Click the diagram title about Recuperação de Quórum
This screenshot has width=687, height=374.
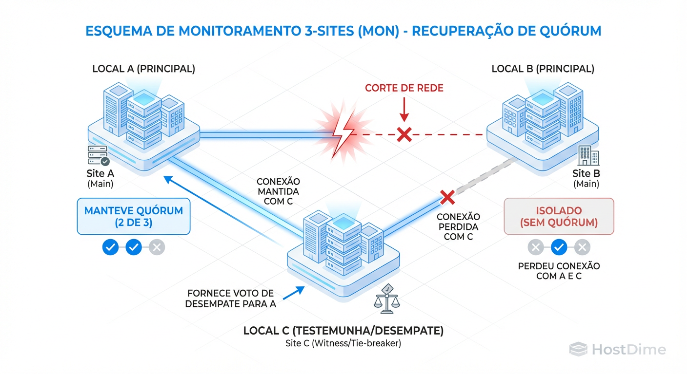pos(343,31)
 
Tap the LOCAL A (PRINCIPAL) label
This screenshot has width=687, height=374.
pos(143,69)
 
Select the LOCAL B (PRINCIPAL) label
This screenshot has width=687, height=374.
pos(543,69)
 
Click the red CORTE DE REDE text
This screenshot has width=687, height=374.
pos(404,88)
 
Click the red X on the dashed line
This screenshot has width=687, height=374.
pos(404,134)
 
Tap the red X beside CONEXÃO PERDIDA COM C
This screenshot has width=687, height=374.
pos(447,197)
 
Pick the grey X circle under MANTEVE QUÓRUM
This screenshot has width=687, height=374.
pos(157,247)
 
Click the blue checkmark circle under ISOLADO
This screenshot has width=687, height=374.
pos(559,248)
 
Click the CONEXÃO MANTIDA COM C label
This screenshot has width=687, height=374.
pos(278,191)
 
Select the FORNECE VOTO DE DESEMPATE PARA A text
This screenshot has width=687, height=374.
pos(231,299)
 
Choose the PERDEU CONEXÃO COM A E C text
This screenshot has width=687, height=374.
pos(559,271)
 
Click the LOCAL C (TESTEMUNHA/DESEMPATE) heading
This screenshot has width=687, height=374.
pos(343,331)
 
